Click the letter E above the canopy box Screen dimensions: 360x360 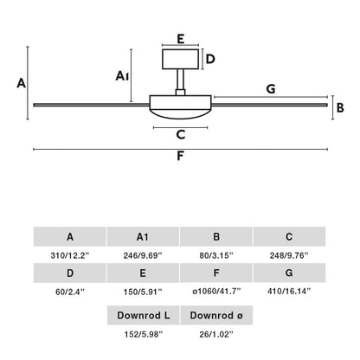pos(181,39)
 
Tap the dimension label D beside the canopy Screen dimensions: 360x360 pos(210,59)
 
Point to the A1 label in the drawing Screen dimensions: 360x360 pos(122,76)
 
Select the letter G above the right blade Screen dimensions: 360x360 pos(271,89)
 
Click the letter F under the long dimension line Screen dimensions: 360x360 pos(180,156)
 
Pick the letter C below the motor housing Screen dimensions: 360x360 pos(181,134)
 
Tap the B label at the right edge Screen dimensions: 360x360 pos(340,108)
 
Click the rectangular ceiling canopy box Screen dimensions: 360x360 pos(180,59)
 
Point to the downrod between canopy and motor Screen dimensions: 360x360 pos(180,80)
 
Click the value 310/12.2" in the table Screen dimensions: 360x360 pos(70,255)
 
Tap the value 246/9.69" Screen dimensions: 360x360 pos(143,255)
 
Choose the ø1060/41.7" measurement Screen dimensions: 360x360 pos(216,292)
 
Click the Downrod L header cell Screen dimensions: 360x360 pos(144,315)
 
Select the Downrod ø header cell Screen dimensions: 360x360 pos(216,315)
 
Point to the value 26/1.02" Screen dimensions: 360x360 pos(216,334)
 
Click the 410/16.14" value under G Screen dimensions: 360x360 pos(289,292)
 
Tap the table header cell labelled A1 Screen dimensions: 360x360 pos(143,236)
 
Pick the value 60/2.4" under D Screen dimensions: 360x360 pos(70,292)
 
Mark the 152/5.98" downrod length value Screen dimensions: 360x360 pos(144,334)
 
